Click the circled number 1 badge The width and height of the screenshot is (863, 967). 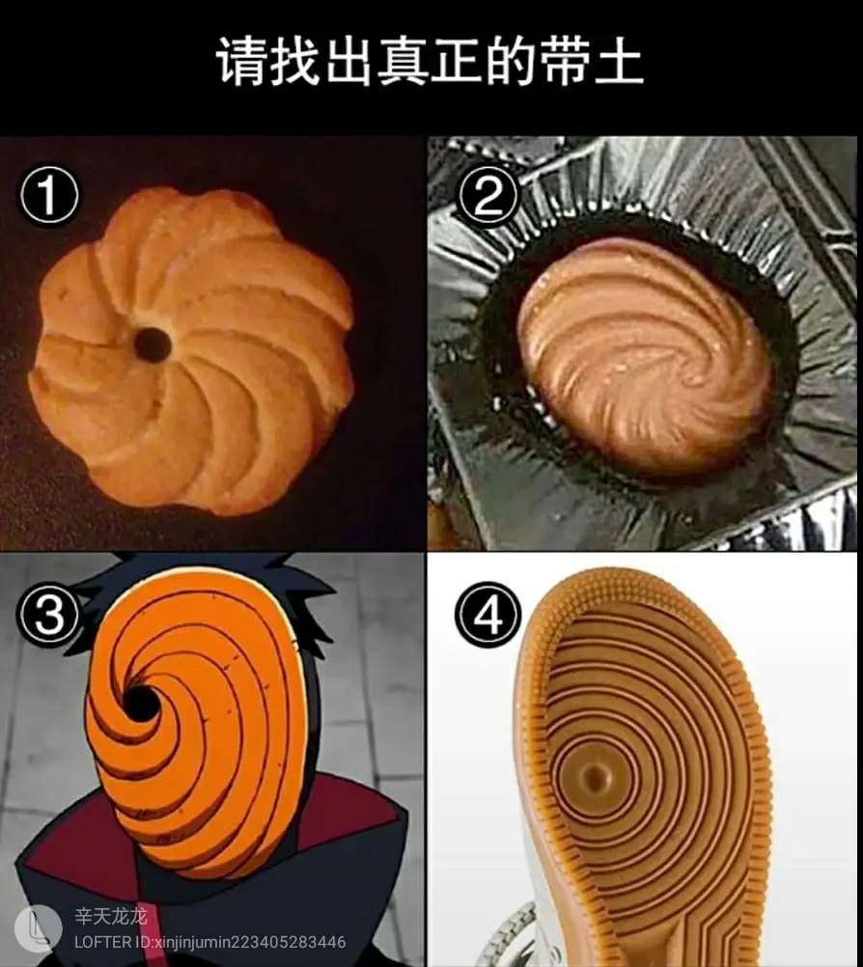coord(48,196)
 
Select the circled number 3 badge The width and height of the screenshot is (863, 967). coord(48,614)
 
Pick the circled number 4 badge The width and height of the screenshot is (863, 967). coord(487,614)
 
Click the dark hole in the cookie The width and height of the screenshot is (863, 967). coord(153,345)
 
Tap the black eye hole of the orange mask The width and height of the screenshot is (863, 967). coord(141,703)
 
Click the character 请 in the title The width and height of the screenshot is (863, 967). coord(241,61)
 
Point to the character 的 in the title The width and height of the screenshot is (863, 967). coord(511,61)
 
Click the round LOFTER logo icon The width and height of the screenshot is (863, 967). coord(39,928)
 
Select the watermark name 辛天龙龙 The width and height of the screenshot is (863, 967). coord(111,917)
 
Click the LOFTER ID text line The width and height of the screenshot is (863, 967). coord(209,942)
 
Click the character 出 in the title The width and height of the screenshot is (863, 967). coord(348,61)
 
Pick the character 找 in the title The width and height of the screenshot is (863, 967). coord(294,61)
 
